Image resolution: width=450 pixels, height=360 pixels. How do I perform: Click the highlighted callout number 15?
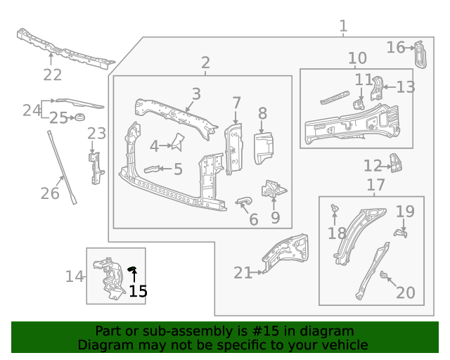pos(139,291)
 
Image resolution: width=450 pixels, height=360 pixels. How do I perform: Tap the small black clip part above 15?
pos(131,269)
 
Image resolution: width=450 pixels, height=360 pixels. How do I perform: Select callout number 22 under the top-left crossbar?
pos(53,75)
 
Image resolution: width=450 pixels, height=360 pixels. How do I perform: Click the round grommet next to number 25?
pos(79,117)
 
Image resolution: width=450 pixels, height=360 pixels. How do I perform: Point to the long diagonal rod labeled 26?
pos(61,166)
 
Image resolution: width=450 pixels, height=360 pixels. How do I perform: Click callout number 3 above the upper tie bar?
pos(196,94)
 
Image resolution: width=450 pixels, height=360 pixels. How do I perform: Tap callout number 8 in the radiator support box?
pos(262,114)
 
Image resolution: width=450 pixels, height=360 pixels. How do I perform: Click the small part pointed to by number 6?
pos(243,202)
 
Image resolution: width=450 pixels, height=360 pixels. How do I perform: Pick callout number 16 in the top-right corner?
pos(395,47)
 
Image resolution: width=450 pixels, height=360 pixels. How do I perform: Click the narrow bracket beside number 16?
pos(420,55)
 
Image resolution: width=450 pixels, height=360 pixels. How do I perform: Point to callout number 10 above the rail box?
pos(357,58)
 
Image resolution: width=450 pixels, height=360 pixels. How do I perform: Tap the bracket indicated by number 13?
pos(377,87)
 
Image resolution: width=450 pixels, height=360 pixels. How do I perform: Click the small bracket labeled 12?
pos(397,164)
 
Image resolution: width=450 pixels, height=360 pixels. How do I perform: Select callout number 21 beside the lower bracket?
pos(243,273)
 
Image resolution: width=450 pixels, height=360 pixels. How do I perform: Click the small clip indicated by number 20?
pos(384,276)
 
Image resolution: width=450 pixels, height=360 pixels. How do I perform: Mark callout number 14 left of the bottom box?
pos(75,276)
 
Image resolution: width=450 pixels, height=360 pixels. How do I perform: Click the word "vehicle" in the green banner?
pos(345,345)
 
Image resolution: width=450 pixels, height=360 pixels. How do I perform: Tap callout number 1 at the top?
pos(343,27)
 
